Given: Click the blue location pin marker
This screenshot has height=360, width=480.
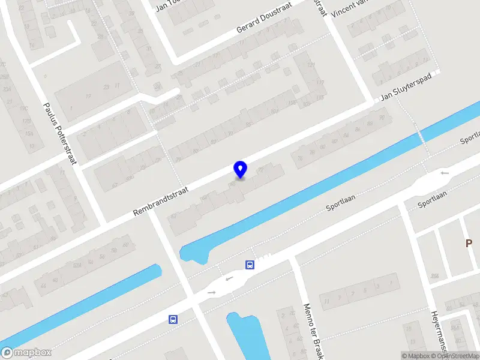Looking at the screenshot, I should click(241, 169).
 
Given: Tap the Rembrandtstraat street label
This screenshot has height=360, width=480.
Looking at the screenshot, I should click(161, 200).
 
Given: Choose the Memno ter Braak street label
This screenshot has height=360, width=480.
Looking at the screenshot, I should click(313, 328).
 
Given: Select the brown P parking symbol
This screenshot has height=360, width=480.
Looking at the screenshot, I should click(470, 243).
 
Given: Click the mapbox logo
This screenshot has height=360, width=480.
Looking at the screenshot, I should click(26, 353).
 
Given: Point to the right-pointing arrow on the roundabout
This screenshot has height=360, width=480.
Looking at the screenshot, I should click(211, 292).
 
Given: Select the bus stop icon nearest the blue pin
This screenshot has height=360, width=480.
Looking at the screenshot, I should click(250, 265).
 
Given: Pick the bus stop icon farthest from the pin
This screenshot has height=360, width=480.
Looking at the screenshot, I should click(173, 319).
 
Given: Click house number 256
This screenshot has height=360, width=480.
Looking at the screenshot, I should click(434, 276).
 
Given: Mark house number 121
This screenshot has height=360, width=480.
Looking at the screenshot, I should click(311, 65).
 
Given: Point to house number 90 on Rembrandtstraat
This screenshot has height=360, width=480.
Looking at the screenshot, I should click(382, 118).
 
